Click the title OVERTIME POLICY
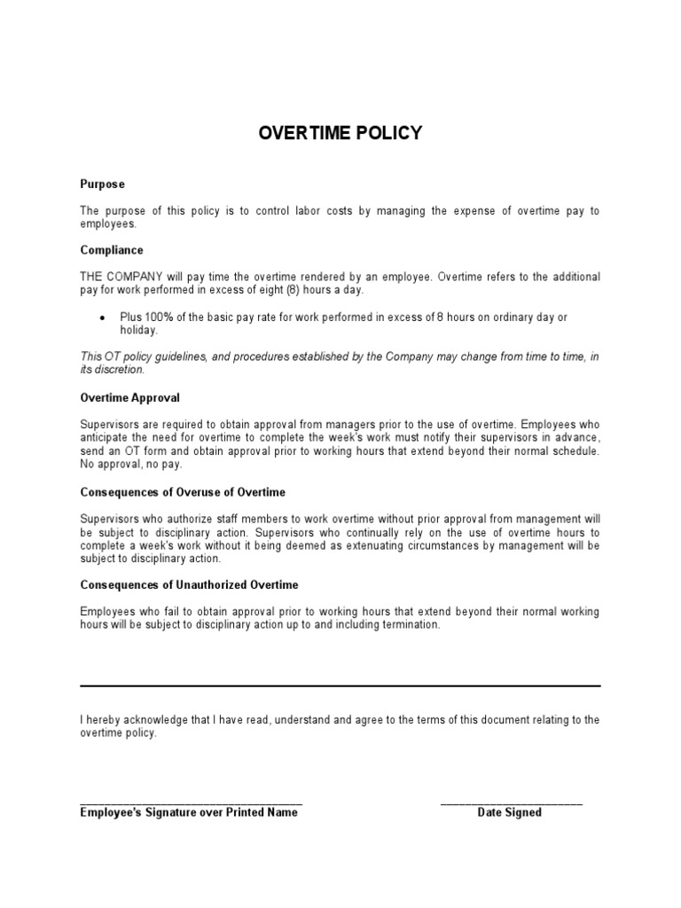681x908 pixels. coord(340,134)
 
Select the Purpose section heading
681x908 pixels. coord(102,184)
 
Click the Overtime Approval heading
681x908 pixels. coord(129,398)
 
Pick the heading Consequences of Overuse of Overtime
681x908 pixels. coord(183,492)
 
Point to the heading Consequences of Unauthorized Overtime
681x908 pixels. coord(189,585)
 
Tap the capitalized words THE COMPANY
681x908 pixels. coord(120,277)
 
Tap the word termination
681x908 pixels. coord(408,625)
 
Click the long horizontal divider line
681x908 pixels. coord(340,685)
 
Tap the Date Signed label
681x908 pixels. coord(509,812)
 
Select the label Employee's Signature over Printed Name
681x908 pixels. coord(189,812)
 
